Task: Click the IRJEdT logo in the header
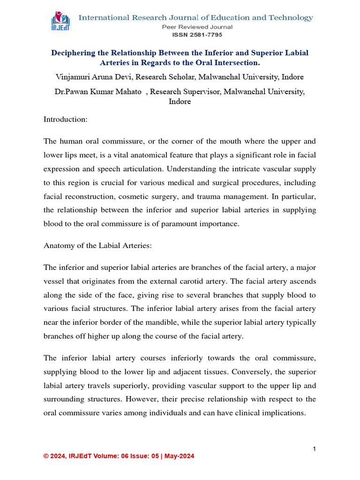61,22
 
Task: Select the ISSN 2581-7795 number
197,35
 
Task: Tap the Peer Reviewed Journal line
197,27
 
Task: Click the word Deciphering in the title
74,53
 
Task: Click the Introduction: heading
65,119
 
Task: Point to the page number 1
315,449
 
